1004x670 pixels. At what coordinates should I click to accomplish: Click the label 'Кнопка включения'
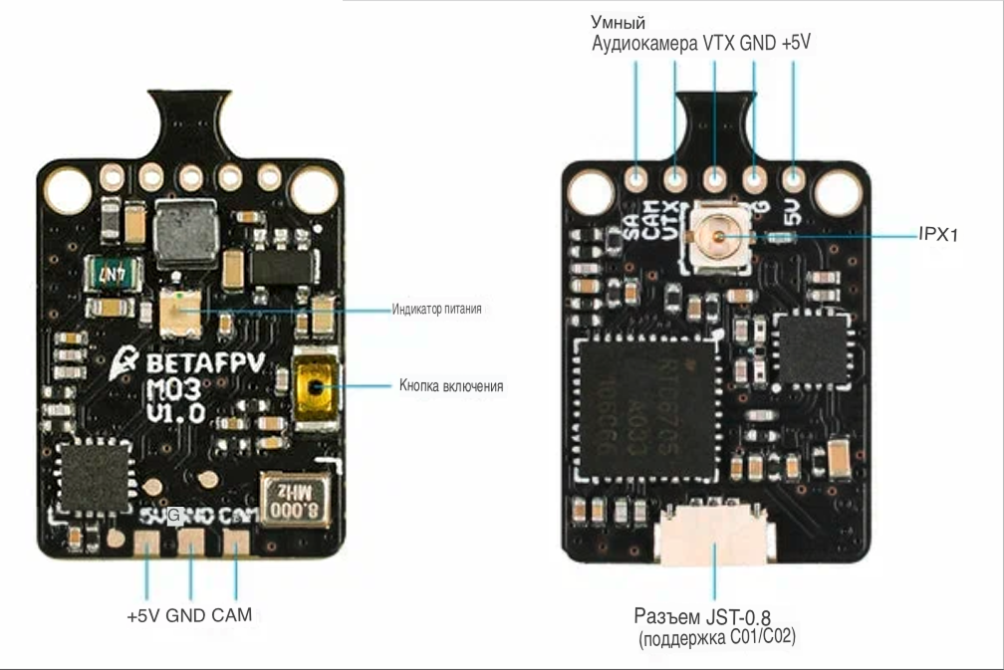tap(450, 385)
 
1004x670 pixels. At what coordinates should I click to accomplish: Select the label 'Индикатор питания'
tap(436, 310)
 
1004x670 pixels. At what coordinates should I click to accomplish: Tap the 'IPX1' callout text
tap(937, 236)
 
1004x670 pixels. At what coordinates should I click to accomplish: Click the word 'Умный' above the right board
tap(619, 22)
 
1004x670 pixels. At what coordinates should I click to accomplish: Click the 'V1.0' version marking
tap(176, 410)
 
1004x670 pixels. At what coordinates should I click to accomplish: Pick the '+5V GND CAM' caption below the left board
tap(189, 615)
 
